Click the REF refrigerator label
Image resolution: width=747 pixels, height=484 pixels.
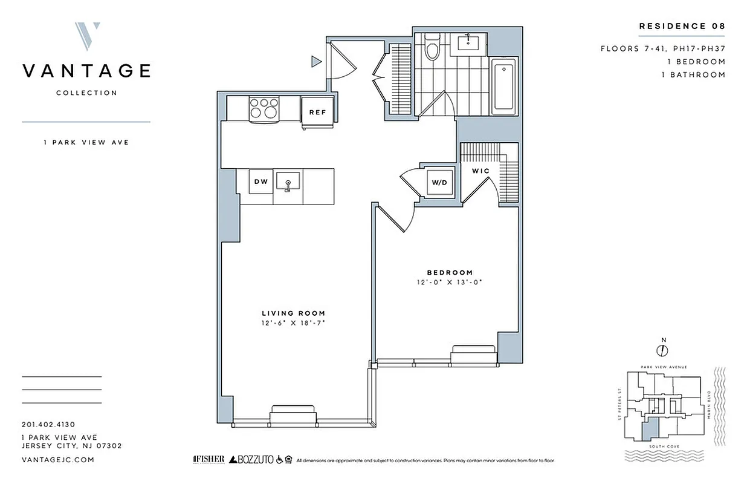coord(317,112)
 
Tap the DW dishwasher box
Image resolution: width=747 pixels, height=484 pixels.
coord(260,181)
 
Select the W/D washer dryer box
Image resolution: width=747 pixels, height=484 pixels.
coord(438,181)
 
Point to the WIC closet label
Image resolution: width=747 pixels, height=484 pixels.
coord(481,171)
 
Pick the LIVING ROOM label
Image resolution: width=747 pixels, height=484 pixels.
coord(293,313)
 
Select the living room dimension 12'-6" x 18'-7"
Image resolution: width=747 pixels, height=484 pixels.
coord(293,323)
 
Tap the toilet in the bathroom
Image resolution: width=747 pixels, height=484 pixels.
coord(432,48)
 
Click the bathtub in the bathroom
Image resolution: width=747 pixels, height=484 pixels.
coord(503,88)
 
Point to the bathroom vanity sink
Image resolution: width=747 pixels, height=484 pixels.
coord(469,42)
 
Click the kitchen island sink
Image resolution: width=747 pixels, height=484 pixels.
coord(288,181)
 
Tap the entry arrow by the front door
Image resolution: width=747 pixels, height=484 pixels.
coord(315,60)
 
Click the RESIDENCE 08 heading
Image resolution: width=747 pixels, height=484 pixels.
coord(682,26)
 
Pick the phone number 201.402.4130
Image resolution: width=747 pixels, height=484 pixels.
coord(48,425)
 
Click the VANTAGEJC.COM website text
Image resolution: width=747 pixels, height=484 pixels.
coord(57,460)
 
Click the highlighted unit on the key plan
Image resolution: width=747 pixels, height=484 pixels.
coord(647,432)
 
